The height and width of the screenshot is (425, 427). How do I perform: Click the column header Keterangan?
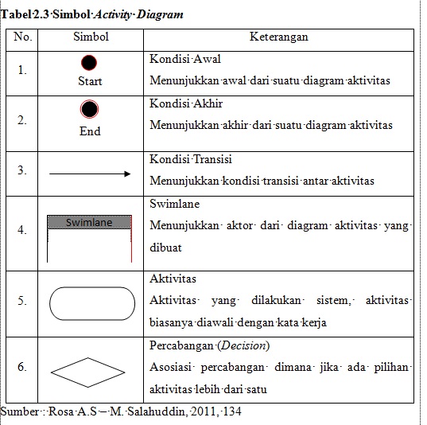coord(278,37)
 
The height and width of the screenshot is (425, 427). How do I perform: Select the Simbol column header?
coord(91,37)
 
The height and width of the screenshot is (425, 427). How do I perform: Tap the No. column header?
coord(23,37)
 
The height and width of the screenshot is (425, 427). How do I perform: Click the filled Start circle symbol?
coord(90,63)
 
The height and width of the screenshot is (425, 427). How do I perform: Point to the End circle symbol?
coord(90,111)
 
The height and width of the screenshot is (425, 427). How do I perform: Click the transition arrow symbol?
coord(90,173)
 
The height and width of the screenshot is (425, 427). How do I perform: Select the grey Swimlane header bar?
coord(90,223)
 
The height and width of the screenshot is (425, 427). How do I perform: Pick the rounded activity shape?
coord(90,302)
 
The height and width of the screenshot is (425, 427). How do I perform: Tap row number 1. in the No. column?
coord(22,70)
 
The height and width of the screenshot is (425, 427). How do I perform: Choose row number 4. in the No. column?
coord(22,230)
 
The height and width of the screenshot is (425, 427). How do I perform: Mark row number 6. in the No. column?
coord(22,367)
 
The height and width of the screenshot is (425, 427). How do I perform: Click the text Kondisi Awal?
coord(185,60)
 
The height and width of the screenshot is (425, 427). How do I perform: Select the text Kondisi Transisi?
coord(192,159)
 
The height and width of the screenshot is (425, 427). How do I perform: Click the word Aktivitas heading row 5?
coord(173,279)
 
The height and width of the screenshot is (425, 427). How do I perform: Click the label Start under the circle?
coord(90,81)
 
